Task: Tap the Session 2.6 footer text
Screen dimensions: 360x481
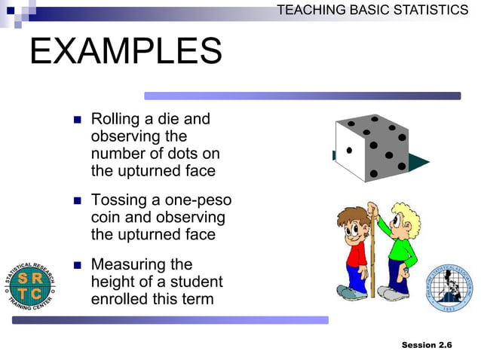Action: [427, 345]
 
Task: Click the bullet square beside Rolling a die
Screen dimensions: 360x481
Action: [77, 121]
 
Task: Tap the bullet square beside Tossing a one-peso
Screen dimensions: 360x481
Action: [77, 202]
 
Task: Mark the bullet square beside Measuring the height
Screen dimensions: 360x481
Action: [77, 266]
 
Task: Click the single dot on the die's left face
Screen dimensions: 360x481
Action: [349, 151]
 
